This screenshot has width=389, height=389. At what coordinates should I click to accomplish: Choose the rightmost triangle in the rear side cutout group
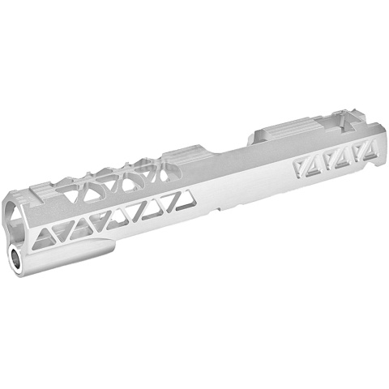[x=370, y=149]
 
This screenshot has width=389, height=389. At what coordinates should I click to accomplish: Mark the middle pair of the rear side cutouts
[x=336, y=158]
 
